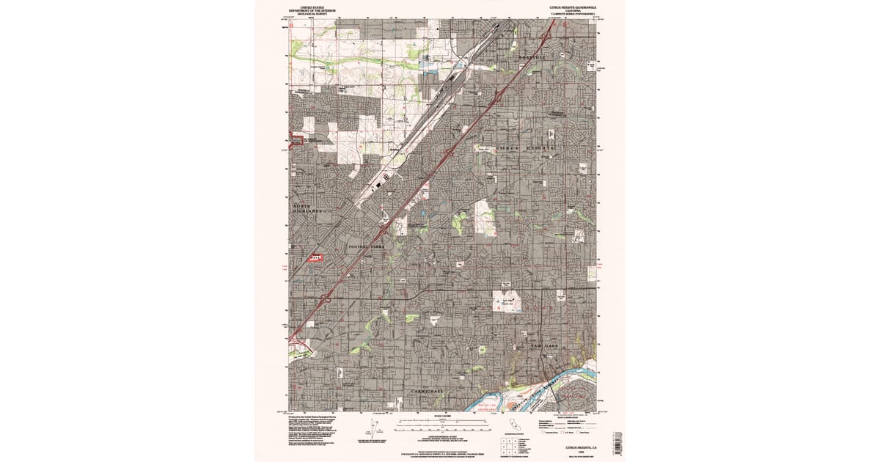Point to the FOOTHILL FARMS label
(x=366, y=247)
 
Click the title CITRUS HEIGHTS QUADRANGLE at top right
(x=571, y=7)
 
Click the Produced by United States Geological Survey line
(x=315, y=414)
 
